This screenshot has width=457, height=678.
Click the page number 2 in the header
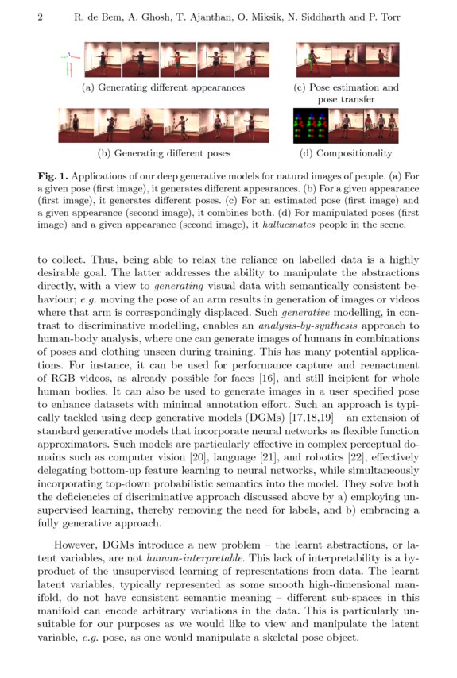tap(40, 17)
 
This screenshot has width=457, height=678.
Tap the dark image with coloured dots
tap(311, 125)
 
